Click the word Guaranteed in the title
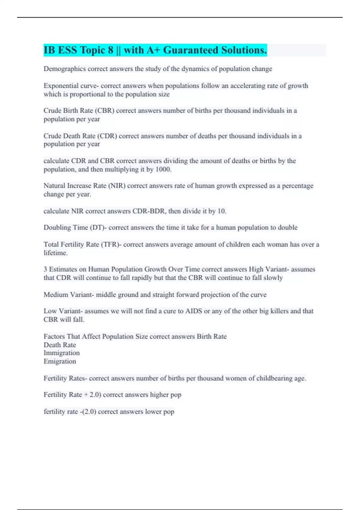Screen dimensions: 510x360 point(190,50)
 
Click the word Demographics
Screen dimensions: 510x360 point(64,69)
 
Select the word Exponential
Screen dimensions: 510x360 point(61,86)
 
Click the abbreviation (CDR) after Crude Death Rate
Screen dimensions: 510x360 point(107,136)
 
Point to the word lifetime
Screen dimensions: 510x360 point(55,253)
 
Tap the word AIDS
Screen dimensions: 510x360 point(194,311)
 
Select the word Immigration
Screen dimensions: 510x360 point(61,353)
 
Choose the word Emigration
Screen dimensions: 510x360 point(60,361)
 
